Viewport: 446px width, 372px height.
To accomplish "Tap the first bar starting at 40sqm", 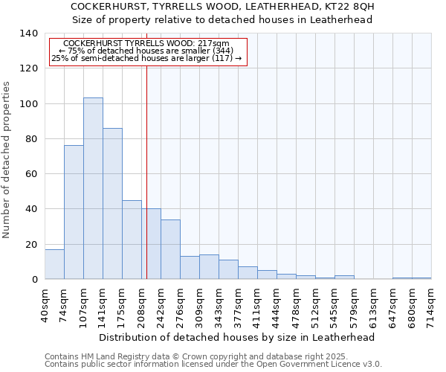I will pyautogui.click(x=54, y=264).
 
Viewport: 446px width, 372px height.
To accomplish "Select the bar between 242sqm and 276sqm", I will pyautogui.click(x=170, y=249).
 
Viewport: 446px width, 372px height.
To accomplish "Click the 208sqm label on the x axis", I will pyautogui.click(x=141, y=304).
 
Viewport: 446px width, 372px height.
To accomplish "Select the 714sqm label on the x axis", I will pyautogui.click(x=431, y=304).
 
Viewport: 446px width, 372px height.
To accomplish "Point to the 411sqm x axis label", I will pyautogui.click(x=257, y=304).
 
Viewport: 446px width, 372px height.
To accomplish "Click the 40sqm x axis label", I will pyautogui.click(x=45, y=304).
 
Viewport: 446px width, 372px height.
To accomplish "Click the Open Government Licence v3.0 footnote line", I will pyautogui.click(x=213, y=364).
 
